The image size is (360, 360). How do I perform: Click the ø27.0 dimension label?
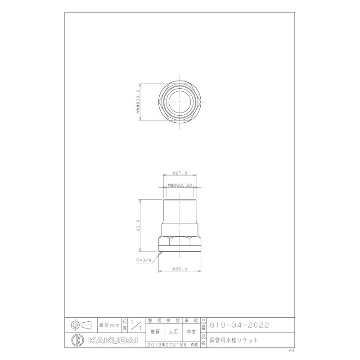[x=180, y=173]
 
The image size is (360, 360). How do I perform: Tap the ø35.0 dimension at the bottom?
[x=180, y=269]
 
